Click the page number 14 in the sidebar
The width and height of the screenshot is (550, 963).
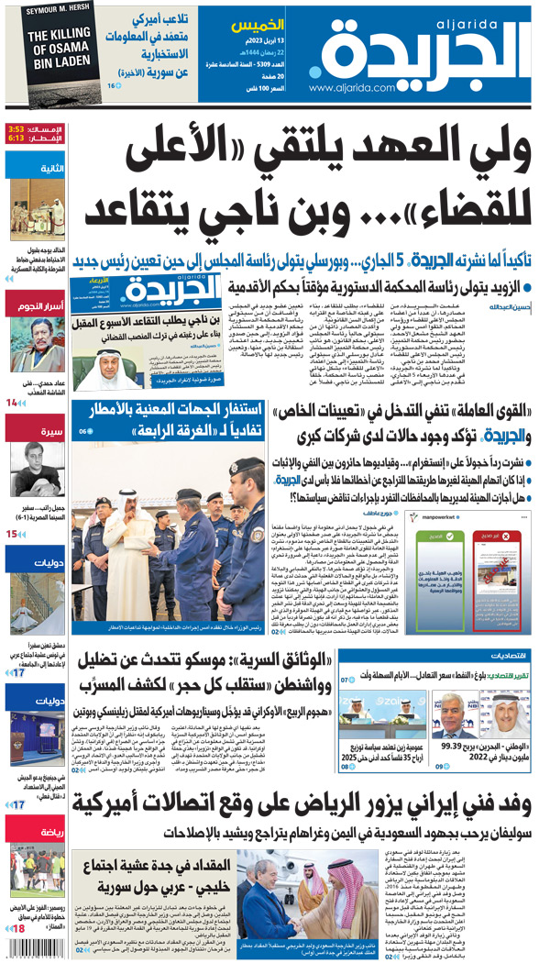12,402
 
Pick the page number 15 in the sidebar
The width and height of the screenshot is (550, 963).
12,533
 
